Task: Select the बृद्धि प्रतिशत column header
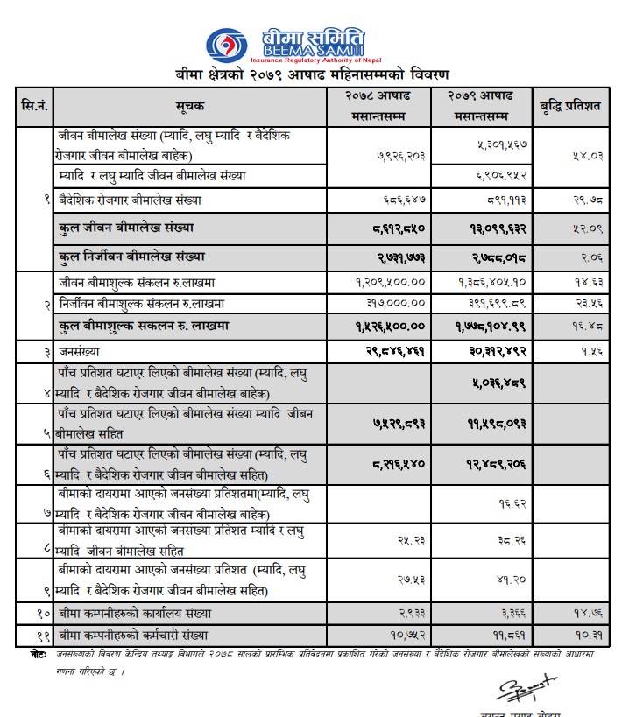(569, 105)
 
